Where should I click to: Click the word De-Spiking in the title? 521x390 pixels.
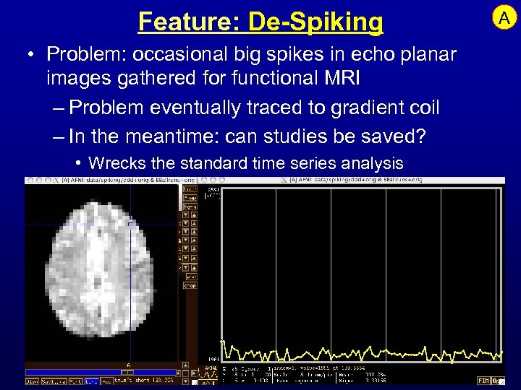click(x=315, y=22)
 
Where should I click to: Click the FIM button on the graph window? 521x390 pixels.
click(x=482, y=380)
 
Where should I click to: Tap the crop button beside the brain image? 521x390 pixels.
click(x=190, y=286)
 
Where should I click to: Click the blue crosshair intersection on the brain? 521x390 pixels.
click(x=130, y=225)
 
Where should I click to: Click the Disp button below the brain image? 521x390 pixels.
click(x=33, y=381)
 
